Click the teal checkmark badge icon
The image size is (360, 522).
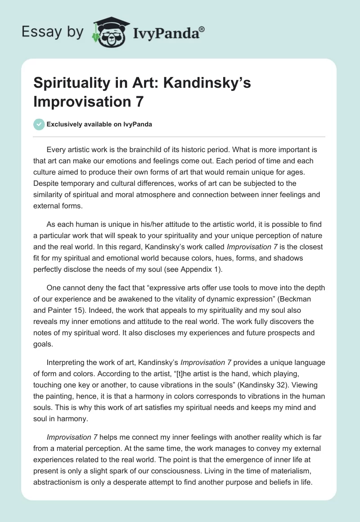39,124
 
